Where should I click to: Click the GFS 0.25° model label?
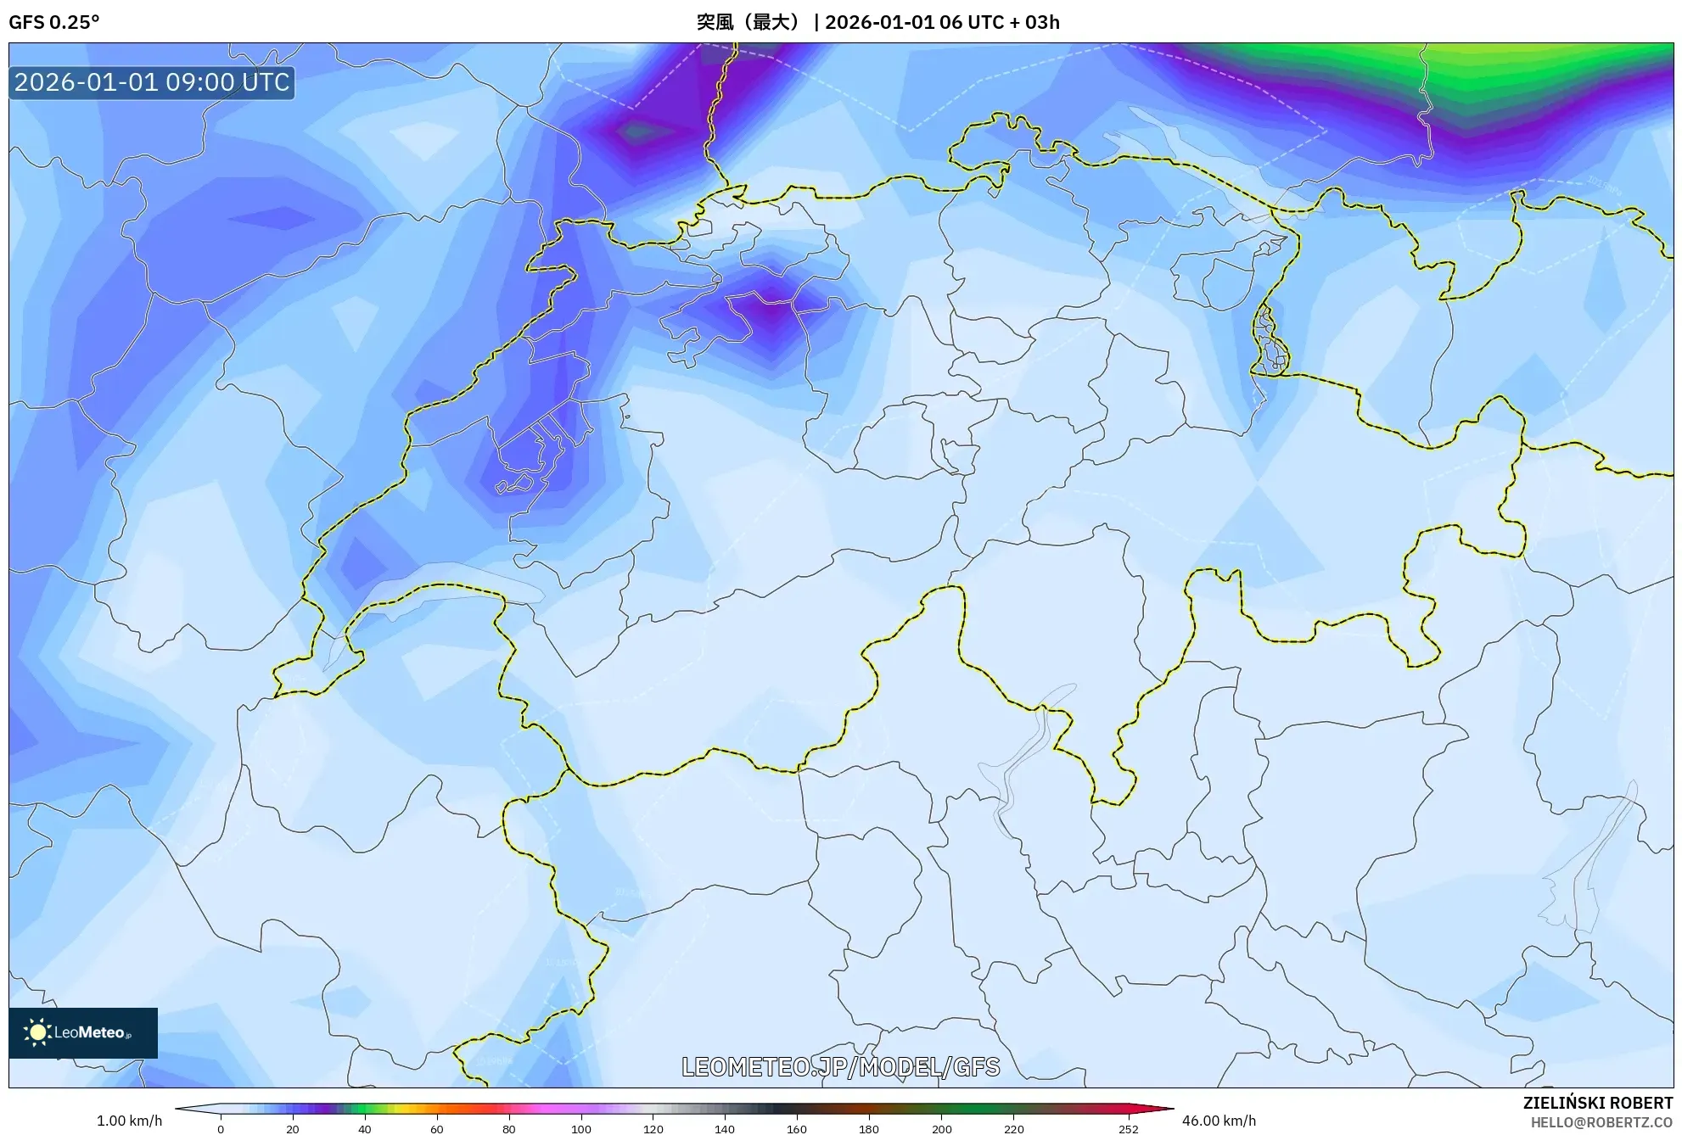[53, 22]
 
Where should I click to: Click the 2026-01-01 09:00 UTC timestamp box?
[152, 82]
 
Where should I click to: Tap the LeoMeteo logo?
[83, 1032]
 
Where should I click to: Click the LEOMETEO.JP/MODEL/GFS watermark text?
[840, 1066]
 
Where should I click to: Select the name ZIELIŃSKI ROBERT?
[1597, 1103]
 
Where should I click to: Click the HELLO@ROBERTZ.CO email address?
[1601, 1122]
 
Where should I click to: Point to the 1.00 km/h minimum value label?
[129, 1121]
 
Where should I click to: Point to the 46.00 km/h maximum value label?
[1219, 1121]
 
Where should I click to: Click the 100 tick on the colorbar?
[581, 1128]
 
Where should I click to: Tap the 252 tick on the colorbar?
[1129, 1128]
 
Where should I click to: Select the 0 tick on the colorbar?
[221, 1128]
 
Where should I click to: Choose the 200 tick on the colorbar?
[941, 1128]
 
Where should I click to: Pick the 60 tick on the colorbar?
[437, 1128]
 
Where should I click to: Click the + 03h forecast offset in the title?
[1035, 22]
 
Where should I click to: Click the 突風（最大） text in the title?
[748, 22]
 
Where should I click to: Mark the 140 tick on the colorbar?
[725, 1128]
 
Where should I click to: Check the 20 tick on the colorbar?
[293, 1128]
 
